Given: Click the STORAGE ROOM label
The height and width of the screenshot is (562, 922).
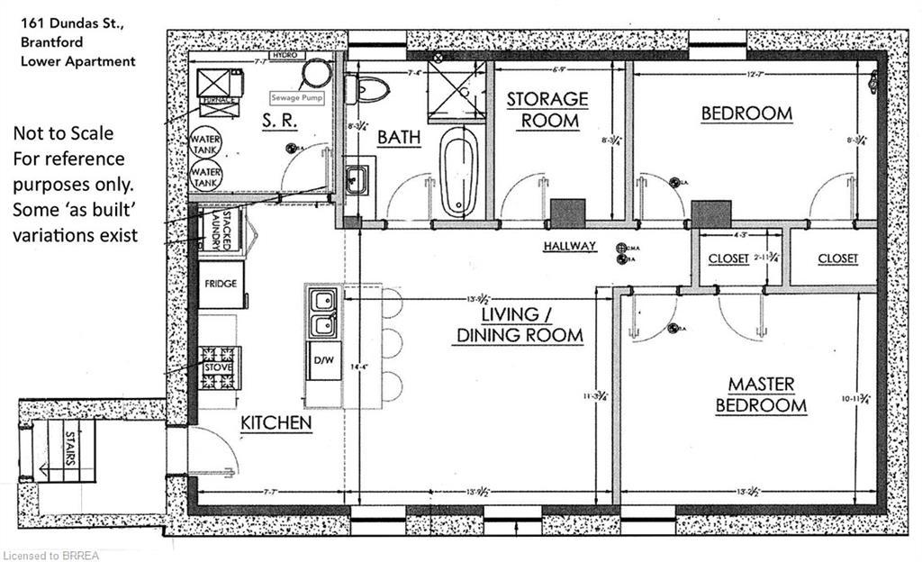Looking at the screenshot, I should (x=547, y=109).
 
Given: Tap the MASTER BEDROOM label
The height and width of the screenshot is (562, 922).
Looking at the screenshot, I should (x=761, y=395).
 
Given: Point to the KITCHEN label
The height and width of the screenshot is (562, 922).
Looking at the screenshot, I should (x=276, y=422).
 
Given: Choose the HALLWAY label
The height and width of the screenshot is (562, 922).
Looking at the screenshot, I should (x=570, y=246).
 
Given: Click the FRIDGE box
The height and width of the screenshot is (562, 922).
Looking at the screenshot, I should (x=220, y=284).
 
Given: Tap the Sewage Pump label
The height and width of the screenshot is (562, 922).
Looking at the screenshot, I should (x=297, y=96).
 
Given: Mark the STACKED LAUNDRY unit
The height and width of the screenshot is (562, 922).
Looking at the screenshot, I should (x=220, y=229).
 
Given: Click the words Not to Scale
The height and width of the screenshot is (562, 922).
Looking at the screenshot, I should (x=63, y=133).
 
